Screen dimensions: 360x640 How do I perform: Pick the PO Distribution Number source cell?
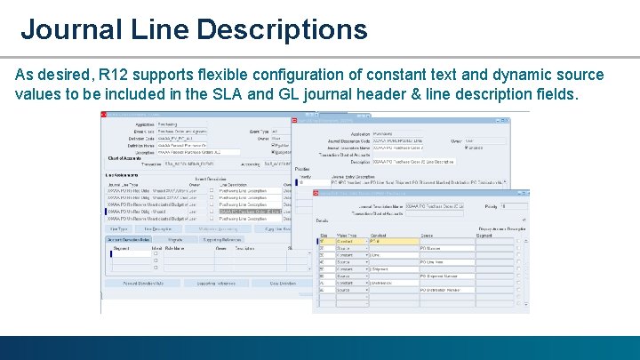(x=444, y=290)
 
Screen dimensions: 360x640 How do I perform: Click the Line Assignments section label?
(x=120, y=175)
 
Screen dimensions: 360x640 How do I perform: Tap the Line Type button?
(x=119, y=228)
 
